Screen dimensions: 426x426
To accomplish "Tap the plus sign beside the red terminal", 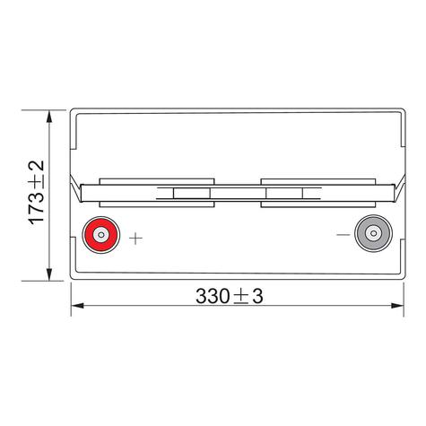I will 136,238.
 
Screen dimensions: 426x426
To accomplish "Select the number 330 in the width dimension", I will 211,293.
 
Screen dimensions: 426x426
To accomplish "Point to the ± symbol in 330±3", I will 243,294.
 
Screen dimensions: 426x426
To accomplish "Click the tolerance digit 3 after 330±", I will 258,293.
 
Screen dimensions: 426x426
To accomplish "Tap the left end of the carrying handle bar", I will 83,190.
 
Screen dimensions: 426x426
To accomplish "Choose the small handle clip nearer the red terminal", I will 187,192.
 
